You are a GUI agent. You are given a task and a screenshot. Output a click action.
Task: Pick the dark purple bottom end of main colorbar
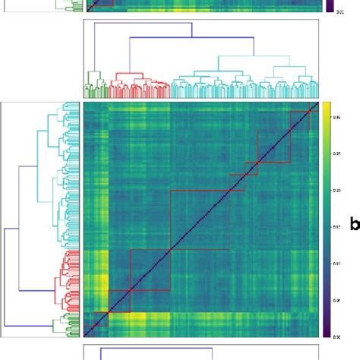[x=326, y=333]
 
